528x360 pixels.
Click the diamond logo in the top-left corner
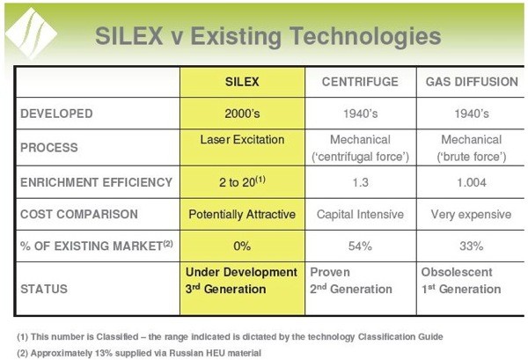[31, 33]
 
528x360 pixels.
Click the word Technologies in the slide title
[365, 36]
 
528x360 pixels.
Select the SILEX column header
[242, 82]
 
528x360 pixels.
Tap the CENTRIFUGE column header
[360, 82]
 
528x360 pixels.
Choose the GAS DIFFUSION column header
[472, 82]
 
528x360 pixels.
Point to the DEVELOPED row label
[56, 114]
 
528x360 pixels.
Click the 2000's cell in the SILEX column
[242, 114]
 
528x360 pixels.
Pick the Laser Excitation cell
[242, 139]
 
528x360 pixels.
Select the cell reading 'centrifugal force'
[360, 157]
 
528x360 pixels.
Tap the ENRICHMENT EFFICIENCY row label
[96, 182]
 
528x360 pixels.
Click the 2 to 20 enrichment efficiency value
[242, 182]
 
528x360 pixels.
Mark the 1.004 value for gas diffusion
[472, 183]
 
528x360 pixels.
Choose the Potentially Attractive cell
[242, 215]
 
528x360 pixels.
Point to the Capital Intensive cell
[360, 215]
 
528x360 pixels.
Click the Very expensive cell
[472, 215]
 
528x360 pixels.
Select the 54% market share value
[360, 246]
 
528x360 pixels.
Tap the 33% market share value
[472, 246]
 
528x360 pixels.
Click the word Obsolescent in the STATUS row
[457, 272]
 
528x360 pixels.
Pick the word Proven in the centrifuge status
[330, 272]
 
